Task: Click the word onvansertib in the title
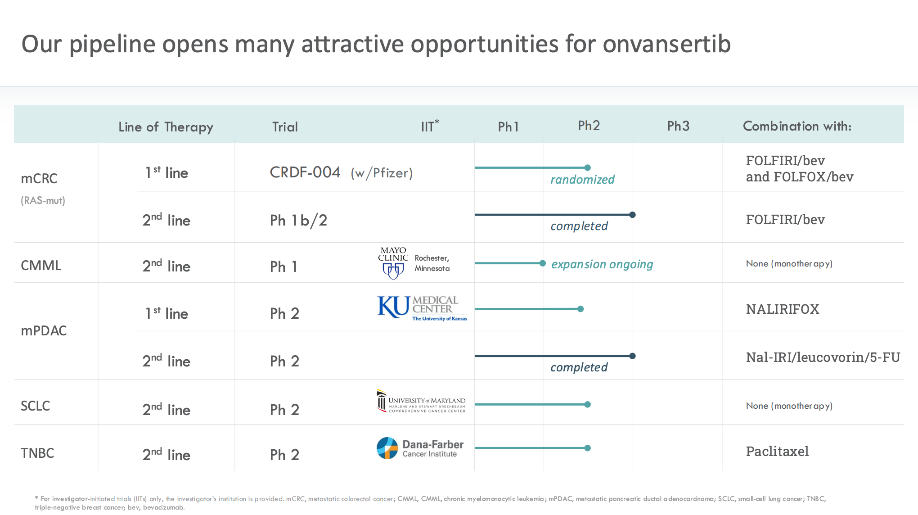click(x=666, y=44)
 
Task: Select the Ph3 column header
click(x=678, y=126)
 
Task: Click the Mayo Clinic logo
click(x=393, y=263)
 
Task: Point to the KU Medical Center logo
click(x=422, y=308)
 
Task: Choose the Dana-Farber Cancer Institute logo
click(x=420, y=448)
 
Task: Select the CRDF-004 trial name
click(x=305, y=172)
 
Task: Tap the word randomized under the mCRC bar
click(x=582, y=180)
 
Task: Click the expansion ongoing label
click(x=602, y=264)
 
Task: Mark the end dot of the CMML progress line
click(x=543, y=263)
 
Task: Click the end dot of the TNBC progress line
click(x=587, y=448)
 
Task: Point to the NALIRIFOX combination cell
click(x=782, y=309)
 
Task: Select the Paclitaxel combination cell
click(x=777, y=452)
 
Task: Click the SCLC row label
click(x=36, y=406)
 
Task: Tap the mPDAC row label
click(x=44, y=331)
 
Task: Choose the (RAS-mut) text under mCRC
click(x=43, y=201)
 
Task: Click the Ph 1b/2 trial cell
click(x=298, y=221)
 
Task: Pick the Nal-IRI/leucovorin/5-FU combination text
click(x=823, y=357)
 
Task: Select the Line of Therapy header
click(x=166, y=127)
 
